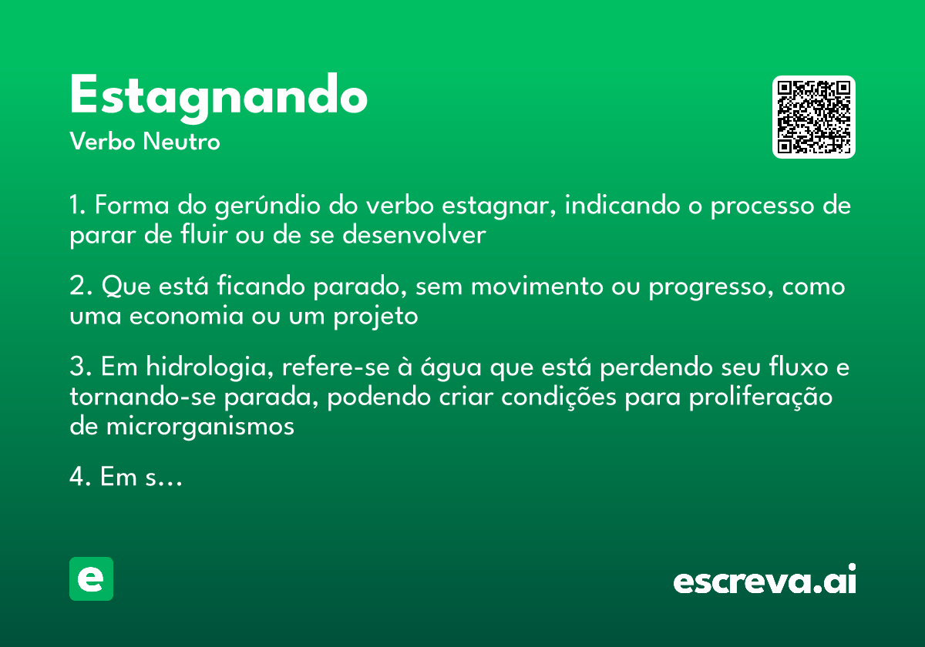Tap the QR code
pos(814,117)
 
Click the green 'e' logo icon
pos(91,578)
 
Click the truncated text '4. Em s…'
pos(125,478)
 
